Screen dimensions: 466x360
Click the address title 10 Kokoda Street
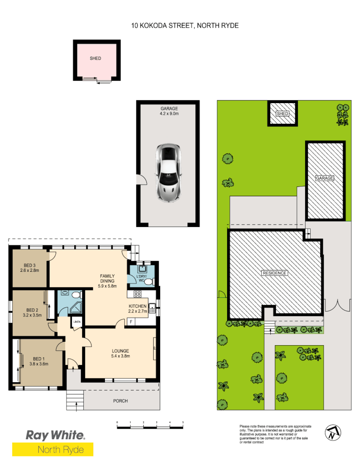click(x=185, y=25)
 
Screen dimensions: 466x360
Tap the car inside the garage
click(x=168, y=172)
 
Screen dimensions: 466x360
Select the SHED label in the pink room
click(x=95, y=58)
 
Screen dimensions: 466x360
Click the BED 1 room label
click(x=38, y=361)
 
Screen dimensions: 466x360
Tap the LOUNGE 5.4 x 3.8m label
click(x=120, y=353)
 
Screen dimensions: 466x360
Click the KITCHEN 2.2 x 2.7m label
click(x=138, y=309)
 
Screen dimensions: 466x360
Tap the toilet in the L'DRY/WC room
click(x=149, y=282)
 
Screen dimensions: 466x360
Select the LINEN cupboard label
click(x=76, y=322)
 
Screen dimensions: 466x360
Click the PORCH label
click(x=120, y=401)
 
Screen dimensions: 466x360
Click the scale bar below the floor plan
click(x=150, y=427)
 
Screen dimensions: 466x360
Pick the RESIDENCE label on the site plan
click(x=275, y=273)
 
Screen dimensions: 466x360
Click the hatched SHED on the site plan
click(x=282, y=113)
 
